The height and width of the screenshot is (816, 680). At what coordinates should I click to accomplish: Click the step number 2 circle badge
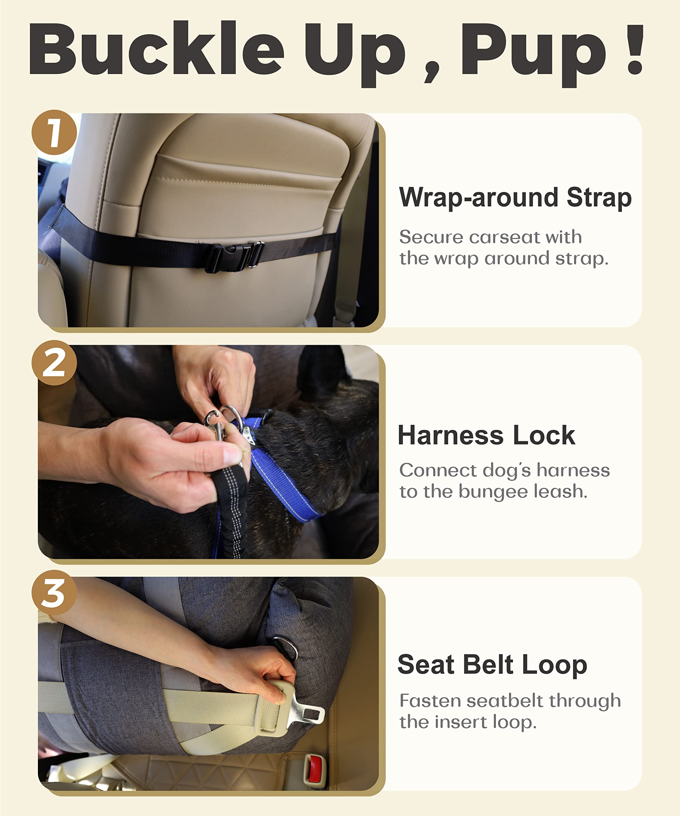click(x=54, y=362)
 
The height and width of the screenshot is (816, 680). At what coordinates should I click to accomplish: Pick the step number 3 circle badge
click(x=54, y=593)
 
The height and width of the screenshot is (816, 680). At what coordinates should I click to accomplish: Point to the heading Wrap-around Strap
click(x=515, y=197)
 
